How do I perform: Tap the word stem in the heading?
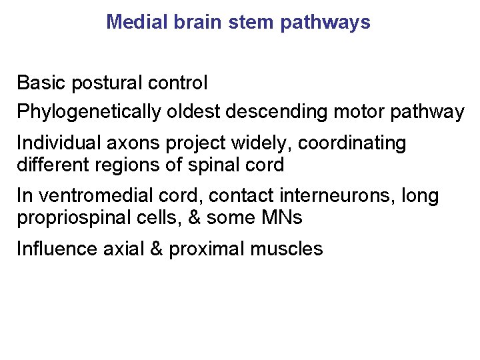(252, 22)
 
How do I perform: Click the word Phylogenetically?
(89, 112)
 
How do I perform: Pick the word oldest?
(192, 112)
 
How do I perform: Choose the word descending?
(275, 112)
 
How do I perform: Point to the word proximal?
(207, 249)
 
